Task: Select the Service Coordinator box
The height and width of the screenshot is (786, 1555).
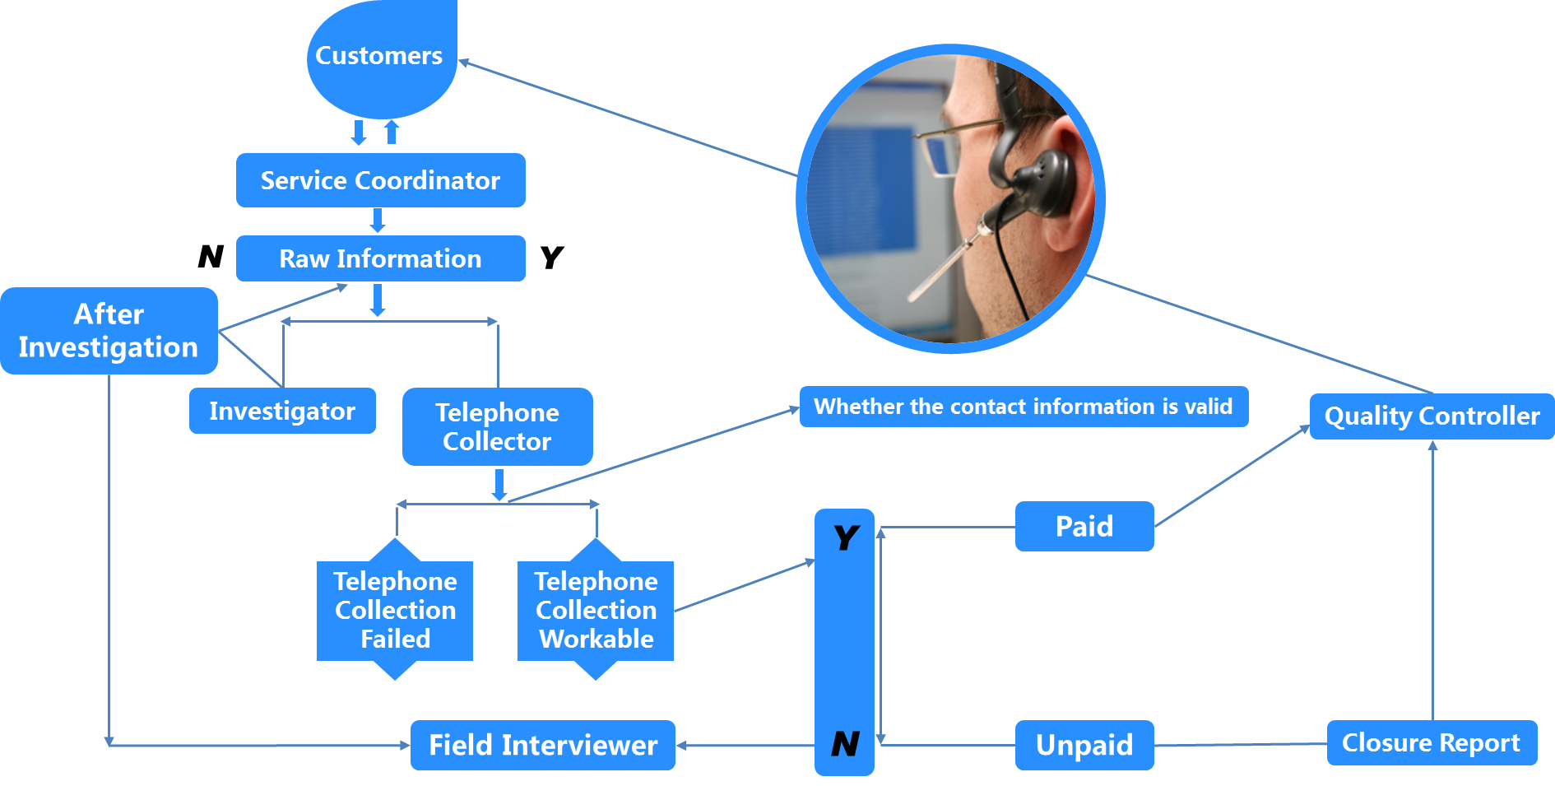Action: pyautogui.click(x=380, y=180)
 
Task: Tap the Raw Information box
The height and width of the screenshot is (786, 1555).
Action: pyautogui.click(x=380, y=258)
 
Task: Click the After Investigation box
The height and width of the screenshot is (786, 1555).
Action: pyautogui.click(x=109, y=331)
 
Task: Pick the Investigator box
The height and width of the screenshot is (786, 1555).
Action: pyautogui.click(x=282, y=411)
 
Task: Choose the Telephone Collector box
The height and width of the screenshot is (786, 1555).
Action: pyautogui.click(x=497, y=426)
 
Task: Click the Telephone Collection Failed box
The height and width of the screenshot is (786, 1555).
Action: pyautogui.click(x=395, y=610)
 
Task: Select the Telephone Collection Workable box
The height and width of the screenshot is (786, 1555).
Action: pyautogui.click(x=596, y=610)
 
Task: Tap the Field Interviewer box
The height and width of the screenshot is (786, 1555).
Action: pyautogui.click(x=543, y=745)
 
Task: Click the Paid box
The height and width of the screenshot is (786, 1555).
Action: pyautogui.click(x=1084, y=526)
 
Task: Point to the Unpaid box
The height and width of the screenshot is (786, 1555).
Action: pyautogui.click(x=1084, y=745)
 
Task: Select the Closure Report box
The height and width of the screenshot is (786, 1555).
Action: pyautogui.click(x=1431, y=742)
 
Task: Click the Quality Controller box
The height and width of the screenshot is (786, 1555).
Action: pyautogui.click(x=1432, y=416)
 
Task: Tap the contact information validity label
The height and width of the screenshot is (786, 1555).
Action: pyautogui.click(x=1023, y=407)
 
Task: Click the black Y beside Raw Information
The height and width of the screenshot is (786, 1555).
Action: pyautogui.click(x=552, y=257)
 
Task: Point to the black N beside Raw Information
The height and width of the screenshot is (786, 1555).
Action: pyautogui.click(x=211, y=256)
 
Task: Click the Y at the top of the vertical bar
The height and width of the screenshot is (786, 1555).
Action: pyautogui.click(x=846, y=537)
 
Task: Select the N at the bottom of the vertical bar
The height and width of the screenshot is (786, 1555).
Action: pyautogui.click(x=845, y=743)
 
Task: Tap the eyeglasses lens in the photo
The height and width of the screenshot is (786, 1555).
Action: pyautogui.click(x=940, y=156)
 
